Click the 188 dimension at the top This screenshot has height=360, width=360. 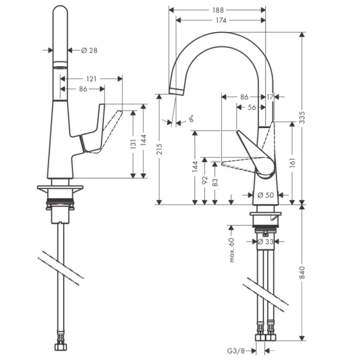(x=219, y=10)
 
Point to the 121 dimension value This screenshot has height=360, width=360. (x=91, y=79)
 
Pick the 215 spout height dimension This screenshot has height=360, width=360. (x=160, y=150)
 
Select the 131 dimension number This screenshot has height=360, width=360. (x=133, y=143)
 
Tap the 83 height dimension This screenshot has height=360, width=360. (x=215, y=183)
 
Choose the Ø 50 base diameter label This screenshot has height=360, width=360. (x=267, y=195)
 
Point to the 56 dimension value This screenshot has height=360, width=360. (x=251, y=107)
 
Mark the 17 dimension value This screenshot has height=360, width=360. (x=271, y=97)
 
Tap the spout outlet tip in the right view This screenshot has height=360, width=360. (x=176, y=91)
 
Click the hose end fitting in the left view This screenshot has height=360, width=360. (x=62, y=340)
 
